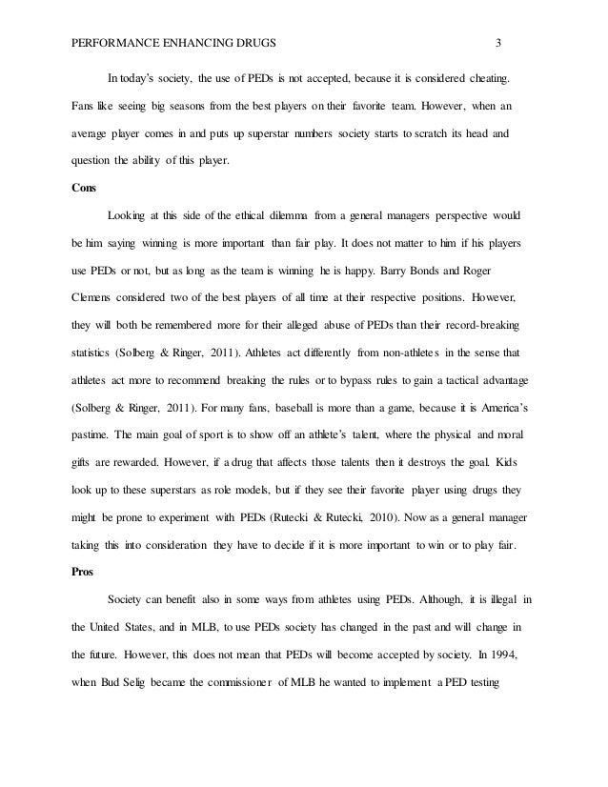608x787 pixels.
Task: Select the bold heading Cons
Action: coord(85,188)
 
